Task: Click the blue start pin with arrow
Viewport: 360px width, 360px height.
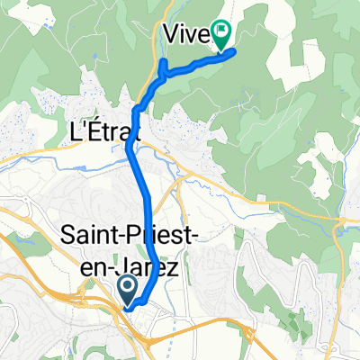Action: point(127,290)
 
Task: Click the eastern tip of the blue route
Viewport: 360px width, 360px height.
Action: point(234,52)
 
